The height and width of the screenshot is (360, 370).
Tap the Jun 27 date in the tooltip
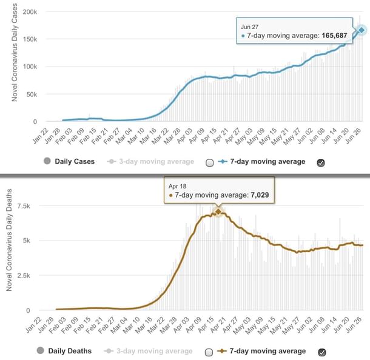pos(250,26)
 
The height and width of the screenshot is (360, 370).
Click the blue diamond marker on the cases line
pos(361,30)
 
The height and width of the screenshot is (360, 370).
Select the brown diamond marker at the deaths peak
pos(218,211)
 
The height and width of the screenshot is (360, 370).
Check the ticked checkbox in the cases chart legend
pos(321,162)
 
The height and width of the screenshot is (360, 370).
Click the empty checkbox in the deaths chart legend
pos(210,352)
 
